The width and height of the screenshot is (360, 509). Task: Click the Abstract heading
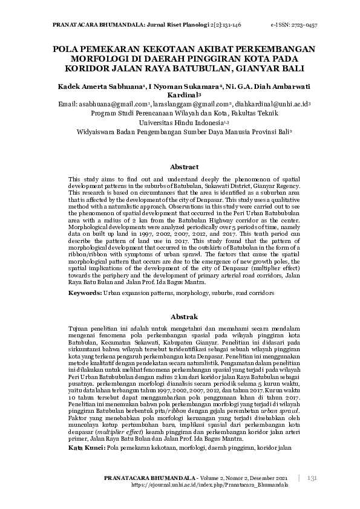[x=185, y=167]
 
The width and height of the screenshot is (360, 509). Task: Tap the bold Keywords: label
[x=85, y=293]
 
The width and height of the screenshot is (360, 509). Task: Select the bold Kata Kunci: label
[x=86, y=449]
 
